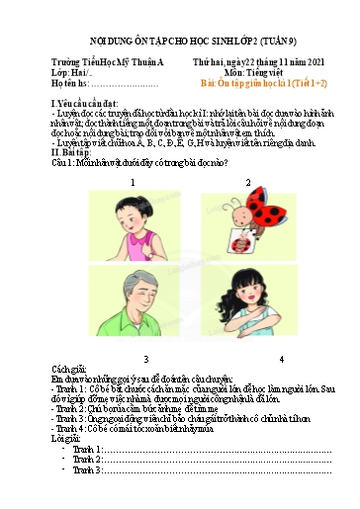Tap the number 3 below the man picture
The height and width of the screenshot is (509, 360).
coord(145,357)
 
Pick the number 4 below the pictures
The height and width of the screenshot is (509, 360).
coord(281,357)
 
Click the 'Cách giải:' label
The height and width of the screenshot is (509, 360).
coord(69,370)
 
